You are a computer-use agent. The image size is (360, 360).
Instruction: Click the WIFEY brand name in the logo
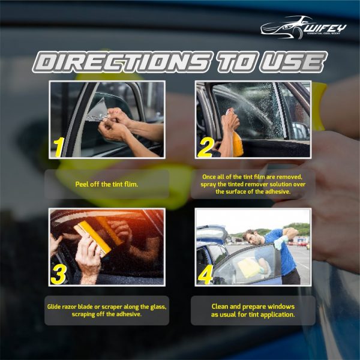pos(326,28)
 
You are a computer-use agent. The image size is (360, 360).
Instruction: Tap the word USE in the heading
pos(293,62)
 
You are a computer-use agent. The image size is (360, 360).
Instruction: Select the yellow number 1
pos(59,147)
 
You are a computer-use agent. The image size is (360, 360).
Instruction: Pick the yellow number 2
pos(206,148)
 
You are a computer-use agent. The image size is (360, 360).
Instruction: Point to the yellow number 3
pos(59,275)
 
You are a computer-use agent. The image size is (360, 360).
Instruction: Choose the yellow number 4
pos(205,275)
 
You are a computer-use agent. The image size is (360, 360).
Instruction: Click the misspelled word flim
pos(131,184)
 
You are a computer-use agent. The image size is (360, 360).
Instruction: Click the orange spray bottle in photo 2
pos(238,144)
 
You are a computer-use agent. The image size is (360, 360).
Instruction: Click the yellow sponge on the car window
pos(248,268)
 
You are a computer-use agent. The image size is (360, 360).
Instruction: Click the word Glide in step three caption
pos(54,307)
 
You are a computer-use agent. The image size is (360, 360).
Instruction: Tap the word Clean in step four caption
pos(220,307)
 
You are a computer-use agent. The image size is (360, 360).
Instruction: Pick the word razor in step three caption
pos(70,307)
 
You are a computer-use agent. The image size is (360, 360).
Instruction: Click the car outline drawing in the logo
pos(284,28)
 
